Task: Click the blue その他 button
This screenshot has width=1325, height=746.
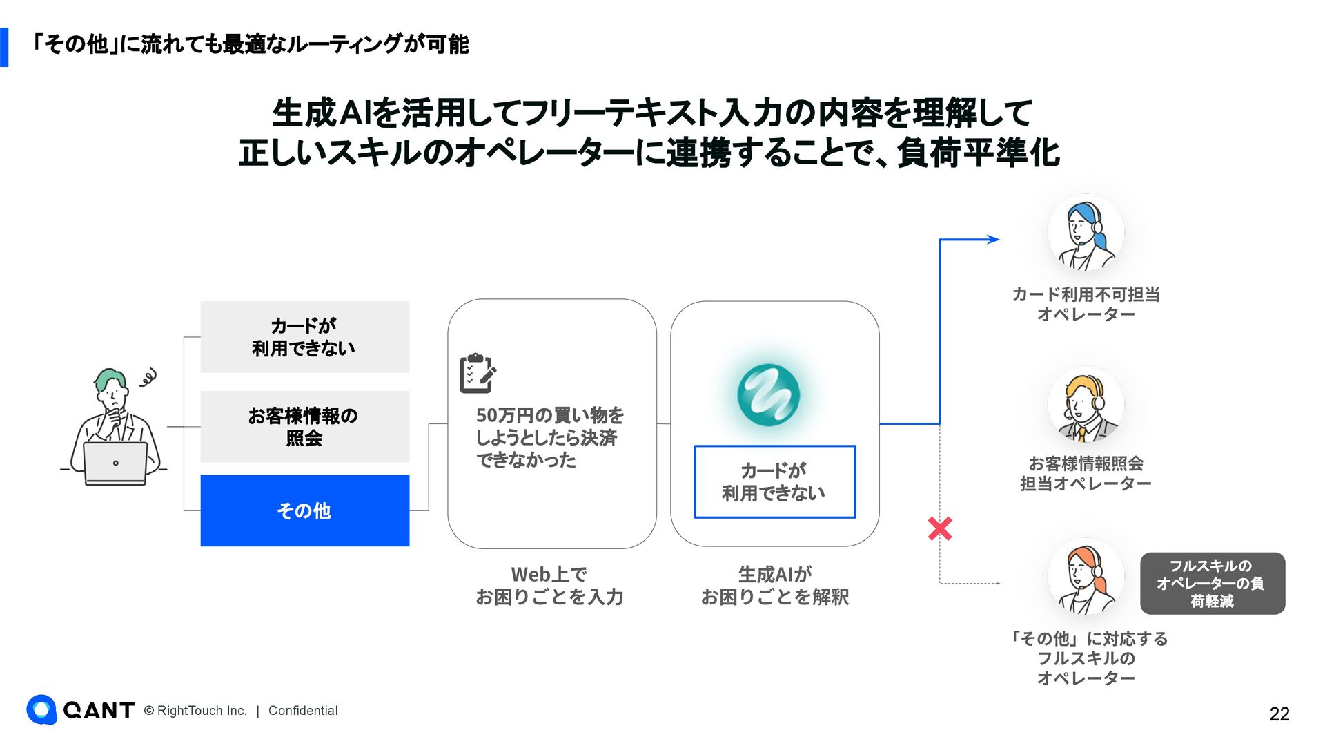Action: point(304,510)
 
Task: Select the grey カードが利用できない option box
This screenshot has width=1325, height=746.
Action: point(304,337)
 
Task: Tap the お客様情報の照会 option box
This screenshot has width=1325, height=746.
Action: point(304,427)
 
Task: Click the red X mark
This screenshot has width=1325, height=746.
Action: point(940,529)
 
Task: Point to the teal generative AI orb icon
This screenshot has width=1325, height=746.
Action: point(768,394)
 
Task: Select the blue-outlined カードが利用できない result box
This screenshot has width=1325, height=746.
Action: point(774,481)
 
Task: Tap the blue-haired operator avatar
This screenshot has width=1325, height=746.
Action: point(1086,233)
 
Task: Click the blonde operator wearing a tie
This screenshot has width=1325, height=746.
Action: point(1086,405)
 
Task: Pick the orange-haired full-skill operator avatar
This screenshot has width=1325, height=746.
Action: point(1086,577)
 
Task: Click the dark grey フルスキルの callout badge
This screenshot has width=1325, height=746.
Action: point(1212,584)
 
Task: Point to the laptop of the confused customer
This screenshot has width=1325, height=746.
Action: point(115,463)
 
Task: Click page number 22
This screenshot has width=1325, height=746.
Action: point(1279,714)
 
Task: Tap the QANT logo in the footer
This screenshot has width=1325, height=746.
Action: point(80,710)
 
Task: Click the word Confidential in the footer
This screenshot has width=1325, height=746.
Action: point(303,711)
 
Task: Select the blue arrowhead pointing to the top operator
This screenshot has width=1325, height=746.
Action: point(993,240)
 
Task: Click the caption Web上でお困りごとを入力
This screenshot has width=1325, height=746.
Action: point(549,586)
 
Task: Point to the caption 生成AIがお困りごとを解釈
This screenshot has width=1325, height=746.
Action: point(774,586)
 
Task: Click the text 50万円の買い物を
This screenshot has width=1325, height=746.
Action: point(549,415)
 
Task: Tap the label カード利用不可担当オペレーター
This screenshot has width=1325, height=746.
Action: point(1086,305)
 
